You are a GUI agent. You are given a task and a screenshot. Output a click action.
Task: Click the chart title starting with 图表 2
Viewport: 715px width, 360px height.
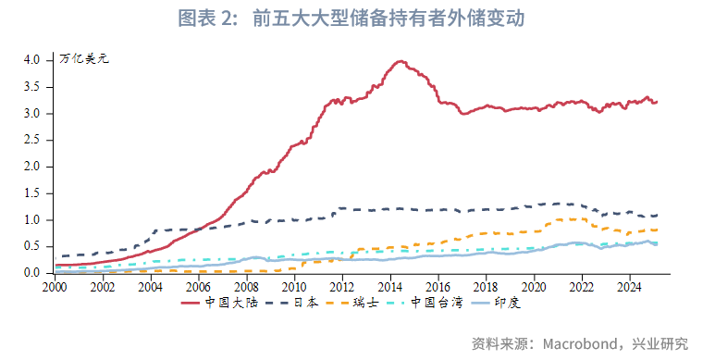point(357,19)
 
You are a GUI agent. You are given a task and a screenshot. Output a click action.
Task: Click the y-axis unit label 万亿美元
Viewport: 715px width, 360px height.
point(84,59)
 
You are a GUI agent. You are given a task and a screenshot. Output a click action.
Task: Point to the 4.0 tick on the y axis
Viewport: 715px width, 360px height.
point(32,59)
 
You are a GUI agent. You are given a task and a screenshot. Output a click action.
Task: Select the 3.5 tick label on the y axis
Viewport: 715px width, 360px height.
point(32,86)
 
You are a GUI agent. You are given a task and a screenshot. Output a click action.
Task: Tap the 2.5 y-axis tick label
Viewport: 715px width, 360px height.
point(32,140)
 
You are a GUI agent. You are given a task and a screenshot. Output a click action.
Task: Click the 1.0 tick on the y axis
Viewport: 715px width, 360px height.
point(32,220)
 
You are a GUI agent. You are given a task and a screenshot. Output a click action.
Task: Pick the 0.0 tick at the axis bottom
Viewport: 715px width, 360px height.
point(32,274)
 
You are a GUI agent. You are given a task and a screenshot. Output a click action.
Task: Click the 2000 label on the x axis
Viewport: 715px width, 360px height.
point(55,287)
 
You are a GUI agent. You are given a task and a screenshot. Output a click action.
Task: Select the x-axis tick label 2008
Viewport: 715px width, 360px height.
point(247,287)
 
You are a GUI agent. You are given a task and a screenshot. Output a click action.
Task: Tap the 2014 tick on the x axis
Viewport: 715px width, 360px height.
point(390,287)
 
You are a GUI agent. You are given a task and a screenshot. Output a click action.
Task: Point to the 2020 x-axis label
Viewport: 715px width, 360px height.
point(534,287)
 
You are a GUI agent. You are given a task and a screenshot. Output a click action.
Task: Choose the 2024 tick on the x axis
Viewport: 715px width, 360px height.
point(630,287)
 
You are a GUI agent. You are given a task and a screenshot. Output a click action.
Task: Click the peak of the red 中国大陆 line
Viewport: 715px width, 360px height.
point(401,62)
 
